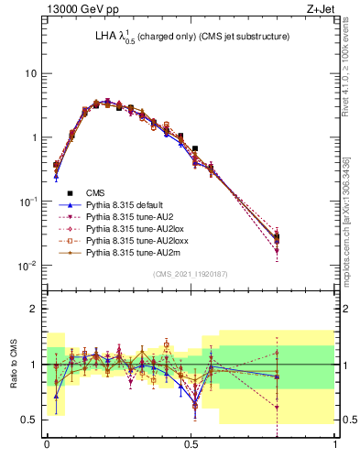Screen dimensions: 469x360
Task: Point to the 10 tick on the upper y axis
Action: click(x=29, y=73)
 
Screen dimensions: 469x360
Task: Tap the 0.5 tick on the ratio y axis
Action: click(x=27, y=420)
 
